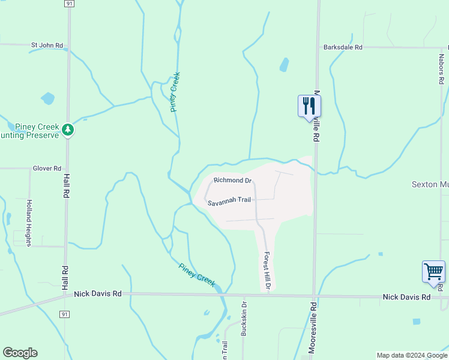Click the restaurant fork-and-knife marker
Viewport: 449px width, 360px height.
(309, 106)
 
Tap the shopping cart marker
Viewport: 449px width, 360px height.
(433, 271)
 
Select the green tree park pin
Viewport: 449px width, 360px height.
(68, 130)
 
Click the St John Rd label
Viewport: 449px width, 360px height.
(47, 45)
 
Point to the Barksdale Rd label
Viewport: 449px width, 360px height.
(343, 47)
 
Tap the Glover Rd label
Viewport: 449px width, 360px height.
(47, 169)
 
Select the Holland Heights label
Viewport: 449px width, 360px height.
(28, 222)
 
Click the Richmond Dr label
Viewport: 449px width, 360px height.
(232, 180)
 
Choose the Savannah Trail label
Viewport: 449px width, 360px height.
(229, 201)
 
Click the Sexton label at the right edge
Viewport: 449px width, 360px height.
(429, 184)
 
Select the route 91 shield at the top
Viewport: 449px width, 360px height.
(70, 4)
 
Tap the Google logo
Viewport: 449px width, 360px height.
(20, 353)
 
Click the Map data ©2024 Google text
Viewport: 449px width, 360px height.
(411, 355)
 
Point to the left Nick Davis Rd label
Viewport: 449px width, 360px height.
(98, 294)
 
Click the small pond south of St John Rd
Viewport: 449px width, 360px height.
(47, 98)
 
